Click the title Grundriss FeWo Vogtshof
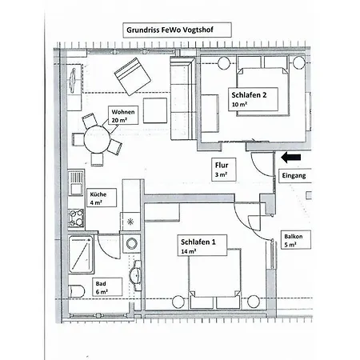click(170, 30)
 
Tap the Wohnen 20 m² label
click(123, 115)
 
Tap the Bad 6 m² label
click(107, 287)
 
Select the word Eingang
click(294, 175)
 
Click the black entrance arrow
click(291, 158)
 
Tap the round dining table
click(97, 139)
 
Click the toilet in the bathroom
click(76, 291)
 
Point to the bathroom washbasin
click(136, 276)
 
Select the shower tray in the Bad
click(81, 254)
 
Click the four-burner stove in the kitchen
click(76, 218)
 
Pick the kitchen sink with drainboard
click(76, 183)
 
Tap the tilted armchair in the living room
click(133, 77)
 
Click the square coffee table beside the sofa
click(155, 110)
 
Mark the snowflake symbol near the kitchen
click(130, 222)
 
